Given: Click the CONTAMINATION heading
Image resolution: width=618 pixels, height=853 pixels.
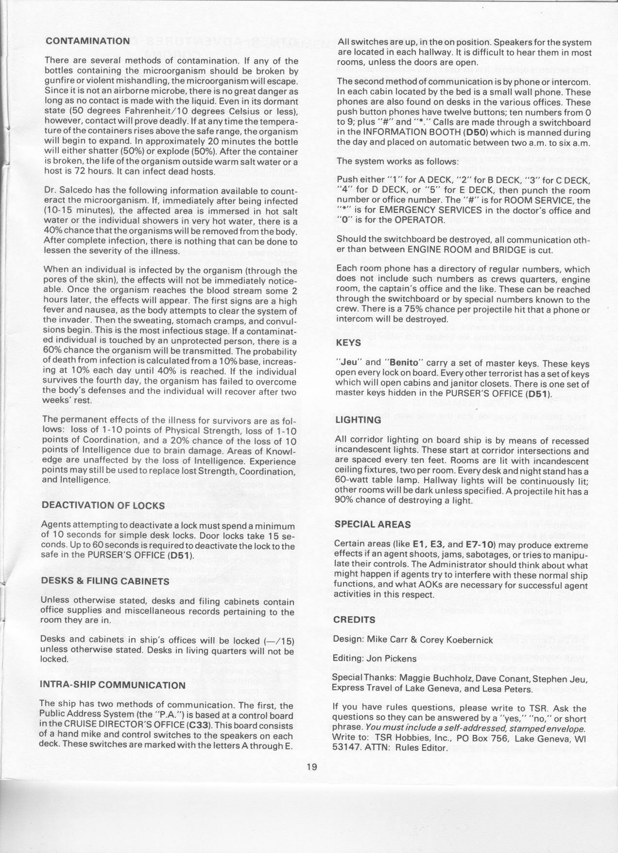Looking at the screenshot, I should [x=87, y=41].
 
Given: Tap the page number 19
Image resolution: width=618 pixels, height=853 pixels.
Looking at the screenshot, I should [x=312, y=781].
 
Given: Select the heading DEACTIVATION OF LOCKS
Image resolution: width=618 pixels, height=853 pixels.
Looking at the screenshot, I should [x=103, y=505].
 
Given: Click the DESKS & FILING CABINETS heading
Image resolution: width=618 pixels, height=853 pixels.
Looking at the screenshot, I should [x=105, y=581].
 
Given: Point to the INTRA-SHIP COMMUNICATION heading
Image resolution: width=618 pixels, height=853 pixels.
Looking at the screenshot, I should [x=112, y=685].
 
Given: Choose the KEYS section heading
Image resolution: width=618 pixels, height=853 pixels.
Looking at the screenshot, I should [x=348, y=343].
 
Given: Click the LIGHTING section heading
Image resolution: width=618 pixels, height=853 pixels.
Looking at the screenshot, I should [x=358, y=420].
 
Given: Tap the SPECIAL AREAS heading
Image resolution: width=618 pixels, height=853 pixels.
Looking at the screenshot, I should [x=372, y=524].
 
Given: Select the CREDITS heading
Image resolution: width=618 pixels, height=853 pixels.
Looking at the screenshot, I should [x=354, y=620].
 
